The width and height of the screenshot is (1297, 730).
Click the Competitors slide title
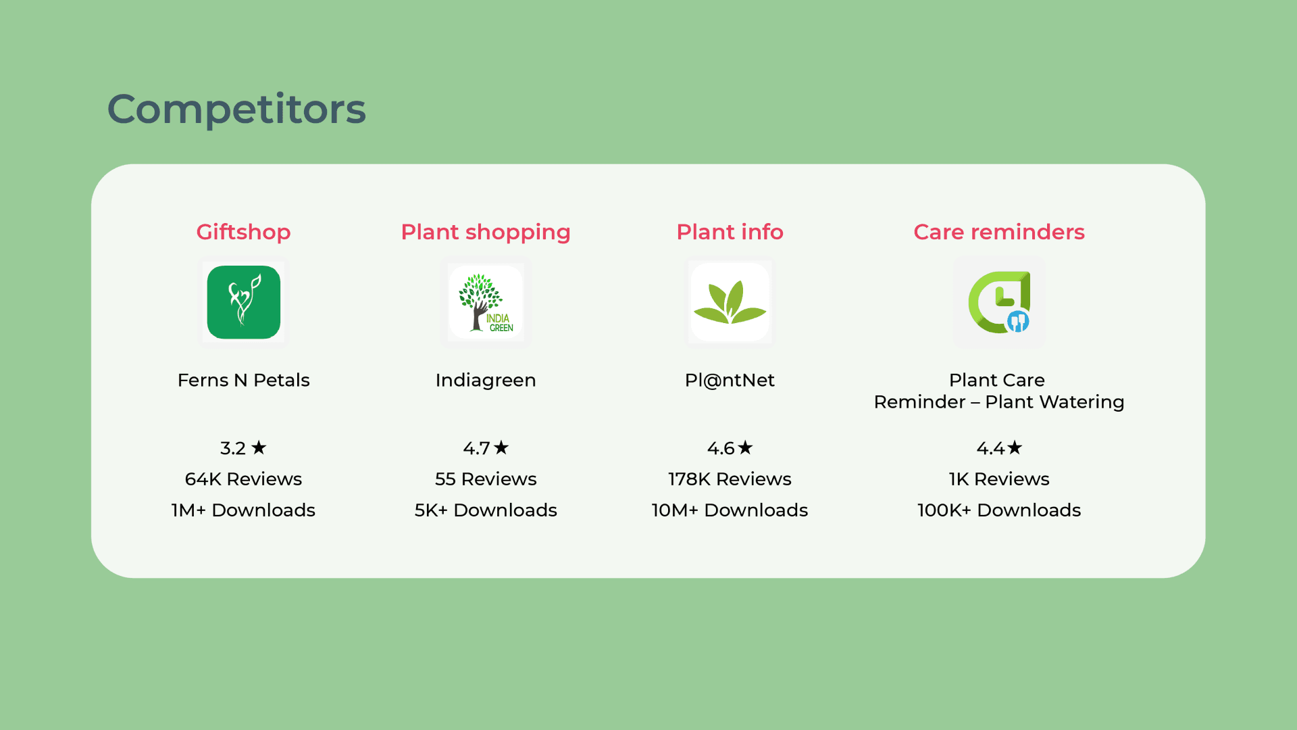[x=236, y=109]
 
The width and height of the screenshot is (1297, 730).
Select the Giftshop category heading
[x=243, y=232]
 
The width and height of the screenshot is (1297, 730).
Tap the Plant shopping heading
[x=486, y=232]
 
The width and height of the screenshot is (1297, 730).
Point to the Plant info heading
[x=730, y=232]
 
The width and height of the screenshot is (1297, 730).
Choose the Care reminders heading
[x=999, y=232]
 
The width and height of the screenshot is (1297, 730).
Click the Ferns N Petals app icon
[x=244, y=302]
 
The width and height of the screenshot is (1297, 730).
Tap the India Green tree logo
[x=486, y=302]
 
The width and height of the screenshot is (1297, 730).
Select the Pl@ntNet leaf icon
[x=730, y=303]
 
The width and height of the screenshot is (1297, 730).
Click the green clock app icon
[x=999, y=302]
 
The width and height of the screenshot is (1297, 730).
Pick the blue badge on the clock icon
[x=1018, y=322]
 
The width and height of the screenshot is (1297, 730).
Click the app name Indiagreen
[x=486, y=380]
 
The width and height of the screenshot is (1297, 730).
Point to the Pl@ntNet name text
[x=730, y=380]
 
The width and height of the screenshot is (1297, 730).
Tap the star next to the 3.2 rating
[x=259, y=447]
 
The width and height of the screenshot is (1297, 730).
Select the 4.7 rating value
[x=476, y=448]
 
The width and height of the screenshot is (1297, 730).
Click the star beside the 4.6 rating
[x=745, y=447]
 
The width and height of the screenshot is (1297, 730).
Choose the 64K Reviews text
[x=243, y=479]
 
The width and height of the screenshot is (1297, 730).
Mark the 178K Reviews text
[x=730, y=479]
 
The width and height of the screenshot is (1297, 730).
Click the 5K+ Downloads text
[x=486, y=510]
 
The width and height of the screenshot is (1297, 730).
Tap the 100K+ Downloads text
[x=999, y=510]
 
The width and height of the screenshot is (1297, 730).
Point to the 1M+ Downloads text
[x=243, y=510]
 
